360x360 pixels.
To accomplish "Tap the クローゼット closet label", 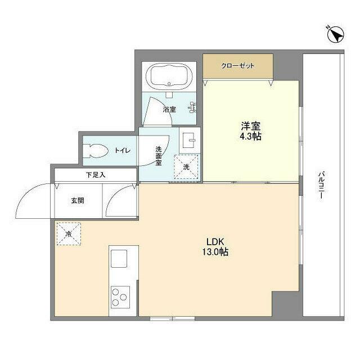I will point(237,66).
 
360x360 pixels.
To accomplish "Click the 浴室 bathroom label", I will point(169,110).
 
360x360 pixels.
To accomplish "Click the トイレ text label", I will point(123,150).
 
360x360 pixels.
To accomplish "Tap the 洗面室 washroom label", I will point(159,155).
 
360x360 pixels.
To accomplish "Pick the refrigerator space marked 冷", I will point(68,233).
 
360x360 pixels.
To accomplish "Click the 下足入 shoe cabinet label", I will point(96,175).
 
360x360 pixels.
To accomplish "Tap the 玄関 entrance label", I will point(78,200).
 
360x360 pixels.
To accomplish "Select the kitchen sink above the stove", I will point(120,259).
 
